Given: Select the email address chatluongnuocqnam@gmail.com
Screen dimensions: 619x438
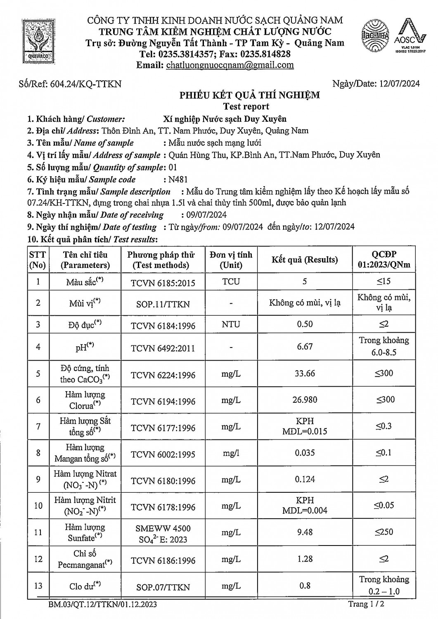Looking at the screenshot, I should (230, 65).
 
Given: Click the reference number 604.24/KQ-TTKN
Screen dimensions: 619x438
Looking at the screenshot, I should (85, 84).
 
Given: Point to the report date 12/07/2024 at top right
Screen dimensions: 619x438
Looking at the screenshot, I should (400, 84).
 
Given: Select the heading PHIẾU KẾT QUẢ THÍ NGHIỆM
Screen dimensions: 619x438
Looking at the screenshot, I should (249, 95).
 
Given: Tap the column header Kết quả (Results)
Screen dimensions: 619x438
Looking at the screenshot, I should (305, 260).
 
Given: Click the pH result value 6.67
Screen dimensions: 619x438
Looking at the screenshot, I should (305, 347).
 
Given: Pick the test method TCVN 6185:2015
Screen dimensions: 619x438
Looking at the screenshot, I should (163, 283).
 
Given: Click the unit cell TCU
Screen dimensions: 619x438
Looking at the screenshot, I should (231, 281).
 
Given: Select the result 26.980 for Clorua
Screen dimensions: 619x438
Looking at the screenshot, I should (305, 399).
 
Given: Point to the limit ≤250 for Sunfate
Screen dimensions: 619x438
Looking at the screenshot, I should (384, 532).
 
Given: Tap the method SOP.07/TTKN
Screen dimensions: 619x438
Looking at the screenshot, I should (163, 587).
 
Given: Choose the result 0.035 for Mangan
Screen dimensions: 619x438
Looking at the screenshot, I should (305, 453).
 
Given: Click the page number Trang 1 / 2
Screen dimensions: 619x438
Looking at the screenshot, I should (367, 604).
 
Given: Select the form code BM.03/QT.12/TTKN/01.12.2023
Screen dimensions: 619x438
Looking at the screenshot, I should (102, 605).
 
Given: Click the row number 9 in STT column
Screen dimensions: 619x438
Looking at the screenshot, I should (38, 479).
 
